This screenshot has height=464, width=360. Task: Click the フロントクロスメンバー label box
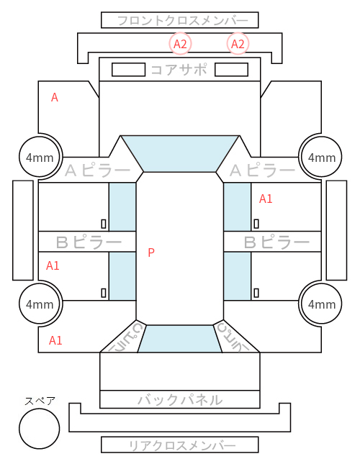point(180,20)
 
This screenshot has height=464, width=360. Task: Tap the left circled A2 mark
point(180,44)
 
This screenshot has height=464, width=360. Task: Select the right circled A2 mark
point(238,44)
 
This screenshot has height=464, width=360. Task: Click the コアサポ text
point(179,70)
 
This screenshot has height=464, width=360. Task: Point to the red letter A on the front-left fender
point(55,97)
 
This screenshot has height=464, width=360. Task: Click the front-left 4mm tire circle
point(40,157)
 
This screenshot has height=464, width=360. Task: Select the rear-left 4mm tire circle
point(40,304)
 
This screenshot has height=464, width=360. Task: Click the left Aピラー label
point(98,170)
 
